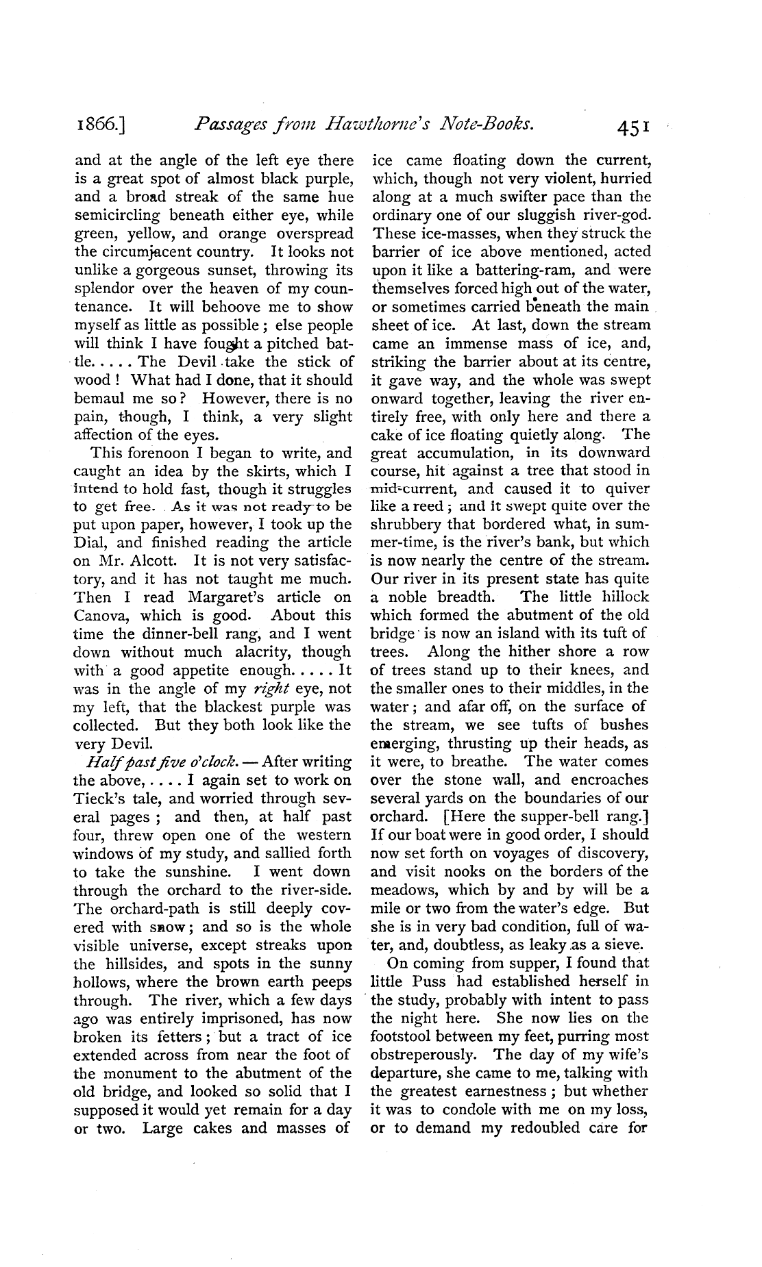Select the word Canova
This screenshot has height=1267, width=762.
(x=100, y=615)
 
